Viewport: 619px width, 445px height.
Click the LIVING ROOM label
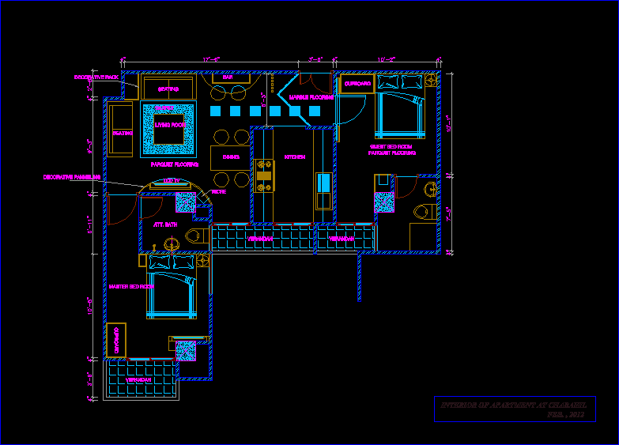point(169,125)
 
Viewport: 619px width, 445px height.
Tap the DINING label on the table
point(231,157)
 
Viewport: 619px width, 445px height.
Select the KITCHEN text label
point(295,157)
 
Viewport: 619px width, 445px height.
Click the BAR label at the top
point(228,77)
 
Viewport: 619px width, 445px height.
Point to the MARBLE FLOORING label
point(311,97)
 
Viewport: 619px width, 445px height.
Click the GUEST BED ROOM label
point(391,146)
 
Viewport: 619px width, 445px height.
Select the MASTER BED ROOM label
point(131,286)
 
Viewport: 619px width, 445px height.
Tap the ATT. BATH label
point(165,224)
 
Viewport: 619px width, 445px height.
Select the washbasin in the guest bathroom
point(429,190)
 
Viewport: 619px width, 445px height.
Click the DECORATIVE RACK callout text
point(96,77)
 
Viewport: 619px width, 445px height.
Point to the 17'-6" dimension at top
point(211,59)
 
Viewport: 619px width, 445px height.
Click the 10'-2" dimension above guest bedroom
point(387,59)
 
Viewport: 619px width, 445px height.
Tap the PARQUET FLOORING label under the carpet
point(175,164)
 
